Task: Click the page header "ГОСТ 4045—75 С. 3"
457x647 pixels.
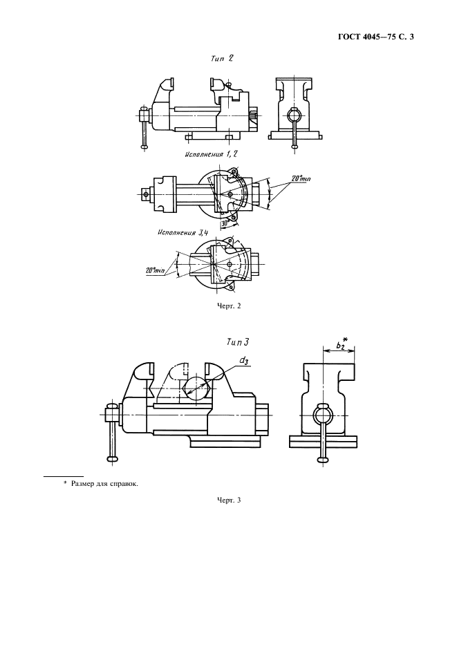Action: click(380, 37)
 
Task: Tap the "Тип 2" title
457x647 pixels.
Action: click(222, 59)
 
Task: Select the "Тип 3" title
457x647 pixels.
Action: click(237, 341)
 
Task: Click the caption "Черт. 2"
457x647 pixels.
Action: click(229, 305)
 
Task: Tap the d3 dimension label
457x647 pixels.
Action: click(245, 361)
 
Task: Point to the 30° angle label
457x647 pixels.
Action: click(225, 223)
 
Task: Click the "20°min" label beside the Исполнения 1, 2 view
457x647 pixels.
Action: click(300, 179)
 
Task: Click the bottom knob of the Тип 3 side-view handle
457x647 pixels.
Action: click(113, 458)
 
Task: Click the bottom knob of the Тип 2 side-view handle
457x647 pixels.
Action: click(144, 145)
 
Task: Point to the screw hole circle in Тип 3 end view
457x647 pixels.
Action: click(322, 414)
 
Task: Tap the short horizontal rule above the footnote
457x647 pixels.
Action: click(64, 476)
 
